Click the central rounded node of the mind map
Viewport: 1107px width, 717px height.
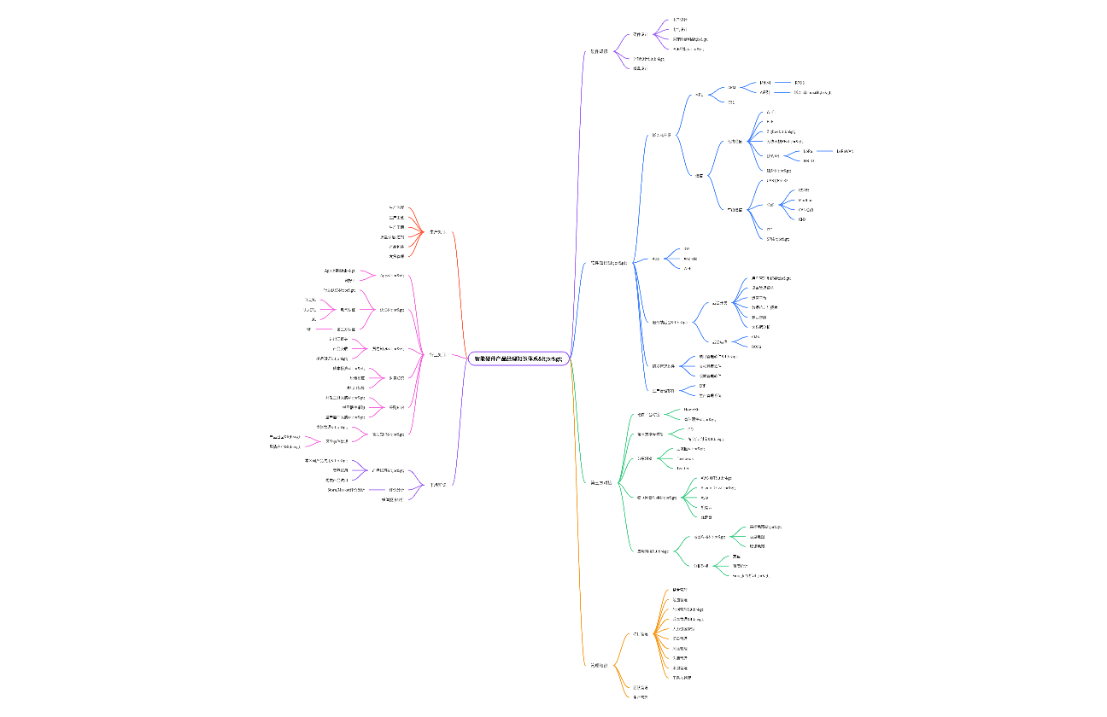click(518, 358)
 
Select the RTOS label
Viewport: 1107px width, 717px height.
click(799, 83)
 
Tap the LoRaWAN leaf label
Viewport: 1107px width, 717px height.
click(845, 151)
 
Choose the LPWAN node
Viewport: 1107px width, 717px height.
click(773, 155)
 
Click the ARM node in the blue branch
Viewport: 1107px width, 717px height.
click(731, 87)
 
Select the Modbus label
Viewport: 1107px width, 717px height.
click(805, 200)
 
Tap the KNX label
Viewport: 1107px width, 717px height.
click(801, 219)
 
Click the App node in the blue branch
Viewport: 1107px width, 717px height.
click(656, 258)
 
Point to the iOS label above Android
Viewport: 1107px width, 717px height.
click(687, 248)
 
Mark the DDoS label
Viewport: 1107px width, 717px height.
click(756, 347)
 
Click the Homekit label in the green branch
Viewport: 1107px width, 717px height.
click(691, 410)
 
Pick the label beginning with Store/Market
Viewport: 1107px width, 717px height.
click(346, 490)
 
